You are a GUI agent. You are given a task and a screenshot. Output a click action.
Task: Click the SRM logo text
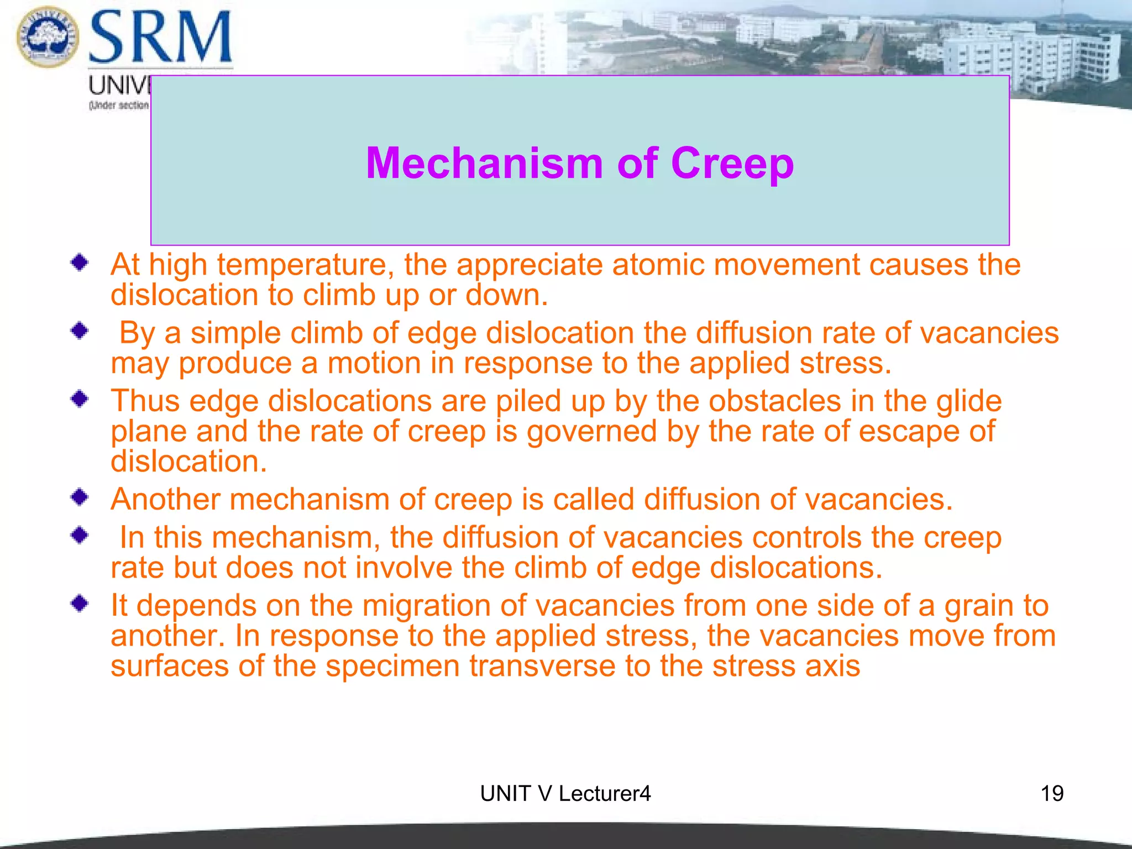160,38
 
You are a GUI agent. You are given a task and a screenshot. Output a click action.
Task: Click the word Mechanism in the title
484,164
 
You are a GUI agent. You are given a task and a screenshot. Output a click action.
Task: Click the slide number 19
1052,794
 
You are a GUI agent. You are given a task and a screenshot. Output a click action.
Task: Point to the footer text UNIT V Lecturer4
565,794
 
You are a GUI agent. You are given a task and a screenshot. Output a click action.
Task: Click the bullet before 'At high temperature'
80,263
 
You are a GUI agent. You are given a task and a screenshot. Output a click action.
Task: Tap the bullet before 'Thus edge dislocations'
80,399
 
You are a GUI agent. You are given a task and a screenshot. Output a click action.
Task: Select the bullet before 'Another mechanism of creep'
80,497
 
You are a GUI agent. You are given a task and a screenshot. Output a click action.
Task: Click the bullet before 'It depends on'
80,603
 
